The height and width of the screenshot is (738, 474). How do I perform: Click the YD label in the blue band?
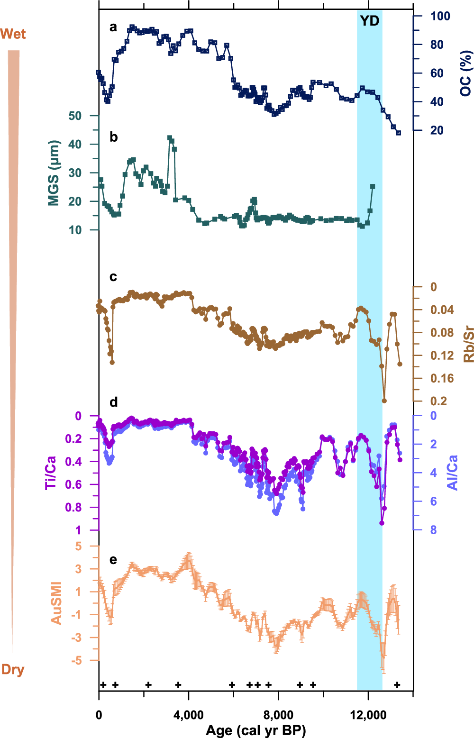tap(370, 21)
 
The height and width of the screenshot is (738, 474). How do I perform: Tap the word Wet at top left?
tap(13, 34)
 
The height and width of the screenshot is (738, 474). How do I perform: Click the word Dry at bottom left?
tap(13, 669)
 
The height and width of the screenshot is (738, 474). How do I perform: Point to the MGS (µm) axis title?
tap(54, 173)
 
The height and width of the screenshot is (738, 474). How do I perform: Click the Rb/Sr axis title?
tap(468, 344)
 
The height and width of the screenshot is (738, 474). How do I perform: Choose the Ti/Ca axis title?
tap(51, 473)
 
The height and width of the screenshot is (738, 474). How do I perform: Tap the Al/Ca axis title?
tap(453, 473)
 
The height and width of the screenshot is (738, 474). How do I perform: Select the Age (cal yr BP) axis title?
tap(255, 730)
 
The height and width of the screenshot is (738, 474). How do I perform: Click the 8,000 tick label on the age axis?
tap(278, 715)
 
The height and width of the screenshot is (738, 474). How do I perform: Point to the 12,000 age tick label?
tap(368, 715)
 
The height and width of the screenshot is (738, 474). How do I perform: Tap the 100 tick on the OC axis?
tap(440, 16)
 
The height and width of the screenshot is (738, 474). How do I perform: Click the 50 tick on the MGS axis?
tap(75, 116)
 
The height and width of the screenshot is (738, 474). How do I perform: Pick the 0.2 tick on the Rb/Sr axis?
tap(438, 401)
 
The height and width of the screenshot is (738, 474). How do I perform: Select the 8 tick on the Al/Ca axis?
tap(433, 530)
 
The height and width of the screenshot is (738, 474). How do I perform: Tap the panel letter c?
tap(113, 277)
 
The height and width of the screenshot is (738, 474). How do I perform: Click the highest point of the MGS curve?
tap(170, 138)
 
